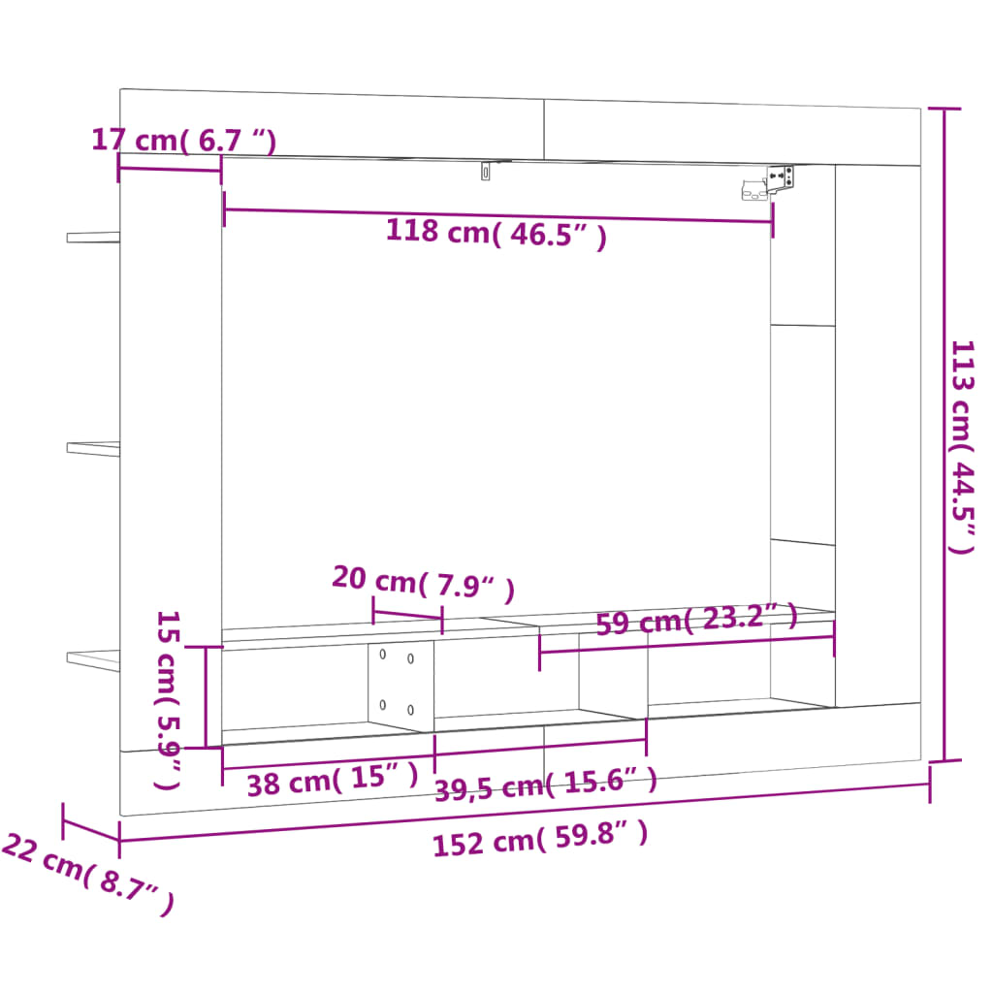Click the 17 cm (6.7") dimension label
tap(183, 141)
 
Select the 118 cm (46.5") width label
tap(496, 234)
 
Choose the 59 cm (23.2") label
tap(695, 619)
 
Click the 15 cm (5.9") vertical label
tap(169, 698)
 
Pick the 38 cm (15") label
tap(332, 779)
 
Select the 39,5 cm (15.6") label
tap(545, 782)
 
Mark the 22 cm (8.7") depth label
tap(87, 873)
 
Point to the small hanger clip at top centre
tap(486, 172)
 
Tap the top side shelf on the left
tap(93, 236)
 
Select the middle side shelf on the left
tap(93, 447)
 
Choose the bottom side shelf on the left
tap(93, 658)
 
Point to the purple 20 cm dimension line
tap(407, 617)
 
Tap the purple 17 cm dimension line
tap(169, 170)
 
